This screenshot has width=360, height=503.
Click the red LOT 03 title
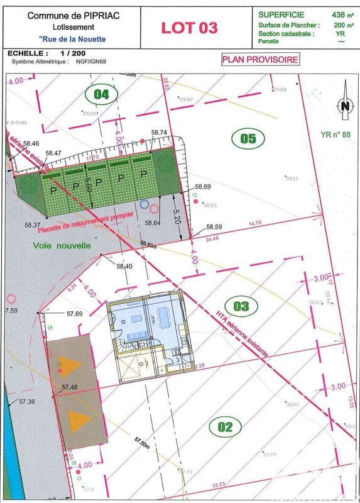[x=190, y=27]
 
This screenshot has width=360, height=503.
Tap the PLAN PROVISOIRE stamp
[x=259, y=59]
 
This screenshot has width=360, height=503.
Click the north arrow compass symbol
[x=344, y=107]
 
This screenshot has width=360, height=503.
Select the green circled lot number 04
[x=101, y=94]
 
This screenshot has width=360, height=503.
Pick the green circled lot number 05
[x=248, y=138]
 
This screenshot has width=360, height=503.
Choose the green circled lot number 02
[x=225, y=428]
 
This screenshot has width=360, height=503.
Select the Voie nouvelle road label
[x=62, y=246]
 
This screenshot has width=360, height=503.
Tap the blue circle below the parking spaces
[x=145, y=204]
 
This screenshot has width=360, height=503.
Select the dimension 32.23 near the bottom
[x=219, y=484]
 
